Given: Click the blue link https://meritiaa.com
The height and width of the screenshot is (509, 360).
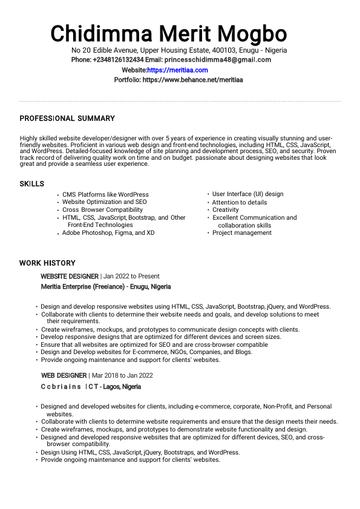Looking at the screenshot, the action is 177,70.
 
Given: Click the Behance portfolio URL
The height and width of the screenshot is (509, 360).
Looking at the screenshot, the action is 192,80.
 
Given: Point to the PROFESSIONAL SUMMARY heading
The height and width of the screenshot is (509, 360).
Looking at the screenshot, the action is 67,119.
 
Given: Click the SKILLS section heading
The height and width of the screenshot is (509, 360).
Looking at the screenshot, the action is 31,184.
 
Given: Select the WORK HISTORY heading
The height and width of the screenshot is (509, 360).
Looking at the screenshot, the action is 47,263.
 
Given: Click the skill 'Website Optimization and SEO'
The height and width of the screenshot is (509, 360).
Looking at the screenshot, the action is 104,202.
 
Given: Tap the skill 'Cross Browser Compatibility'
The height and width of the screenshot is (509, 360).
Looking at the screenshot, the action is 102,210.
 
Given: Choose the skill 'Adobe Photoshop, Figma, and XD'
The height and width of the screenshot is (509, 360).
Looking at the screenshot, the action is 108,233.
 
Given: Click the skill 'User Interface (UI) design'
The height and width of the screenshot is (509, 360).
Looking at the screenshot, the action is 247,194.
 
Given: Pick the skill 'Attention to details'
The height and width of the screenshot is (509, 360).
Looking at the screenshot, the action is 239,203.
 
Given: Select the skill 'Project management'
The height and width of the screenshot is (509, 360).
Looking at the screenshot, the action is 241,233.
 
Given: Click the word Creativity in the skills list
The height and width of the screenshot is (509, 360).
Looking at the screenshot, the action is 225,210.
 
